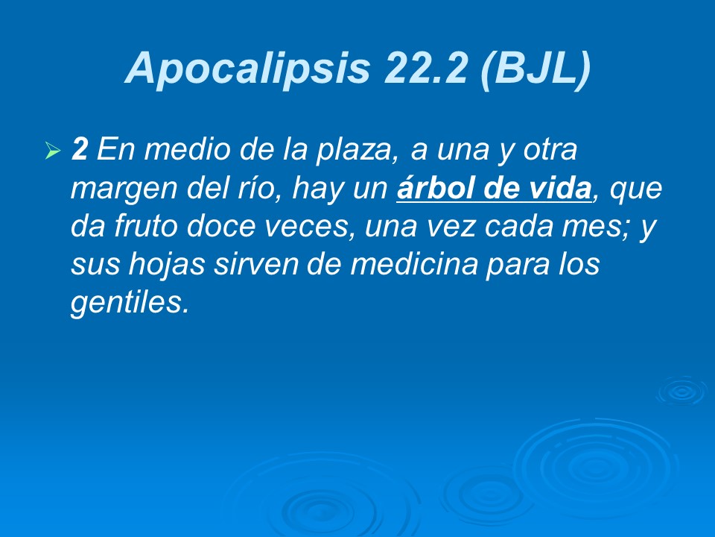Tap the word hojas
point(159,266)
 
